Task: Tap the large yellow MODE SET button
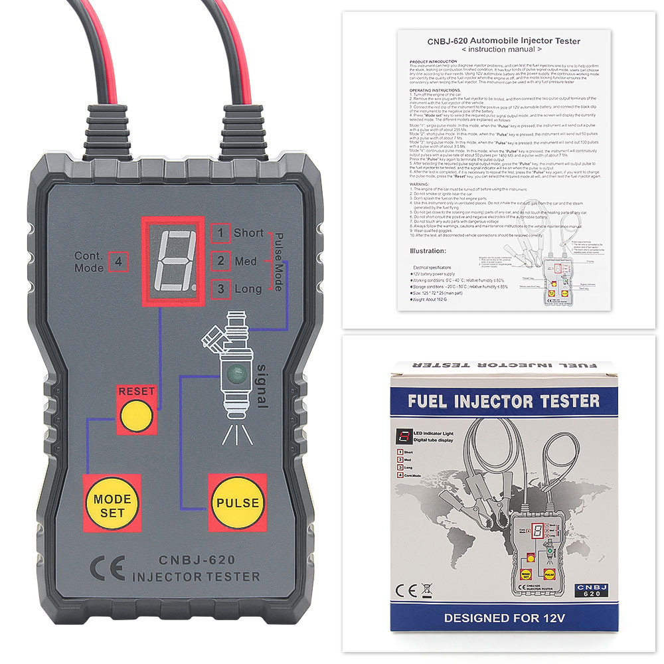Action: coord(112,504)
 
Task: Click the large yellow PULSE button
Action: coord(237,503)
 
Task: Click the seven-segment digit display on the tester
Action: coord(173,260)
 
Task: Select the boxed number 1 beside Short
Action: coord(220,233)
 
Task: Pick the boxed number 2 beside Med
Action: coord(220,261)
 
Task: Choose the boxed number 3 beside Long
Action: coord(220,289)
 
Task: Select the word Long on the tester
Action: coord(248,289)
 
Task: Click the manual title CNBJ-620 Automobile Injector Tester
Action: coord(503,41)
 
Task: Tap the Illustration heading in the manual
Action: coord(428,251)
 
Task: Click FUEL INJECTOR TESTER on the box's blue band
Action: coord(503,401)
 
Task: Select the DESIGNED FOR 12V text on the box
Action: coord(504,618)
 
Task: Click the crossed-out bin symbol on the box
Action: coord(427,589)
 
